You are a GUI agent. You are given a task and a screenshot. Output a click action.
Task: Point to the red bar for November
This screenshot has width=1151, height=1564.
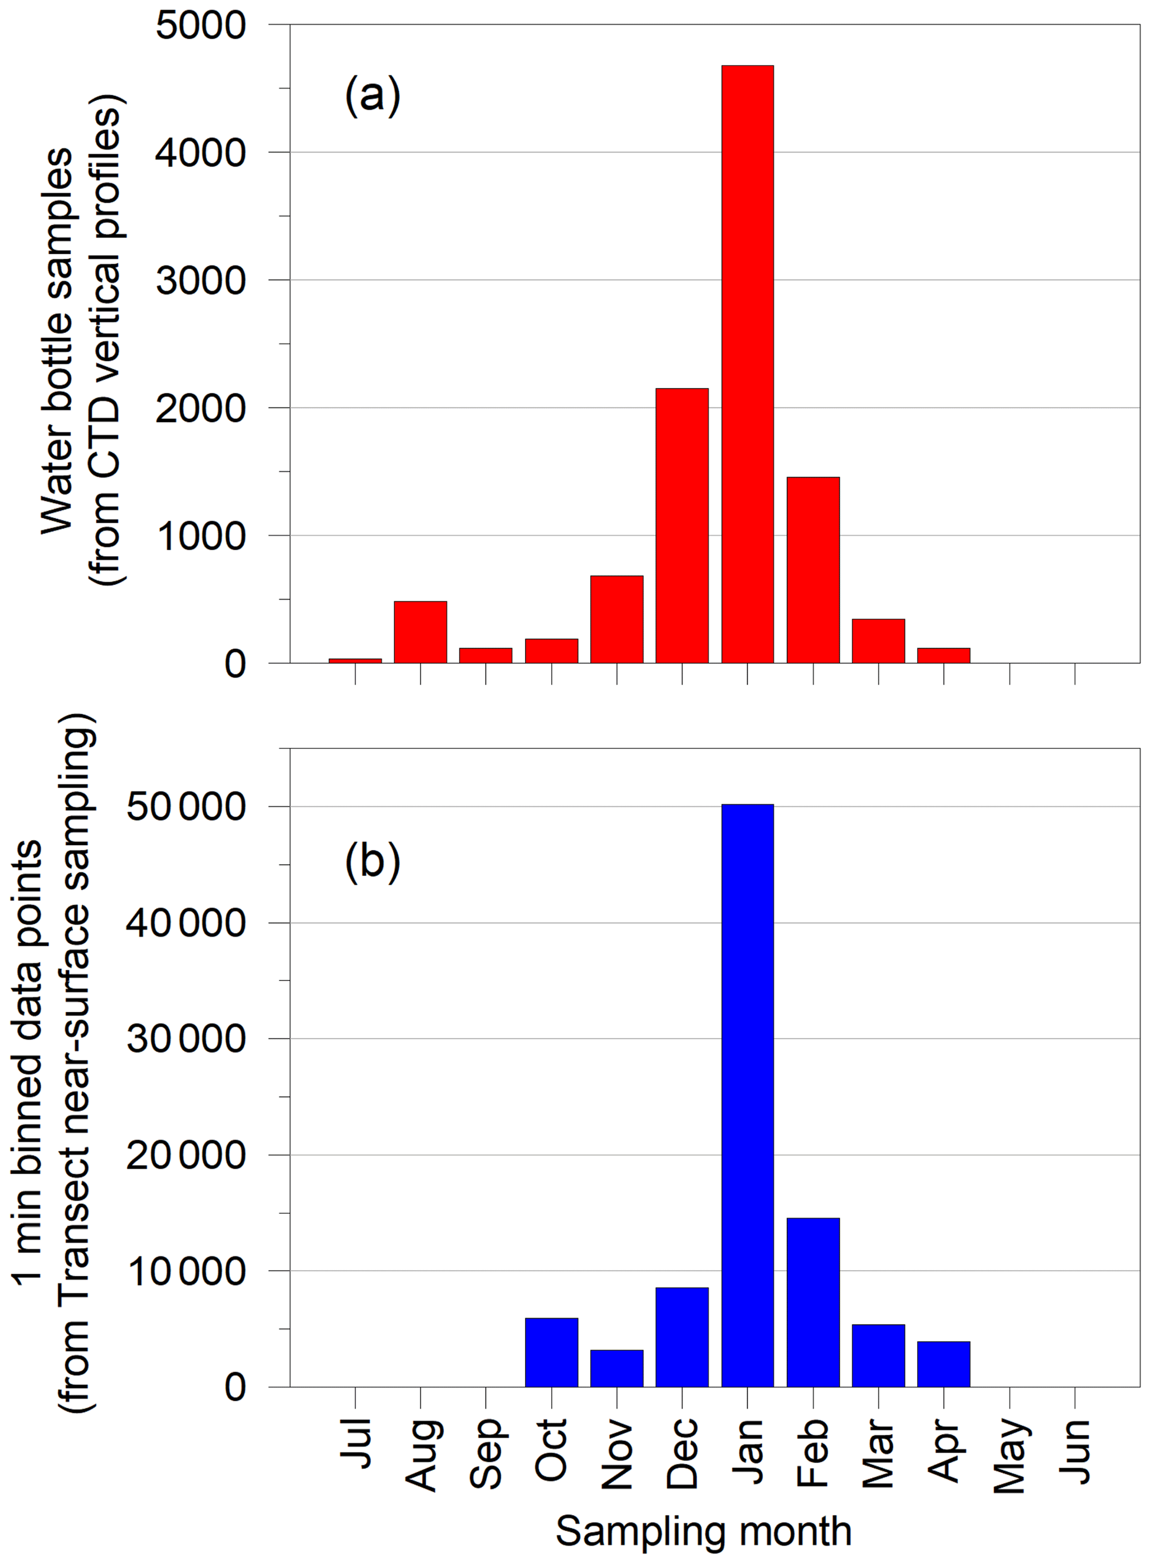pyautogui.click(x=616, y=619)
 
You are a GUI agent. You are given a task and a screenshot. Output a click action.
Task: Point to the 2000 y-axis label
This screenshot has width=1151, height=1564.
pyautogui.click(x=200, y=408)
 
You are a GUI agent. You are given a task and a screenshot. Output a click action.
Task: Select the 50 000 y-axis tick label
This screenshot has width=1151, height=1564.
pyautogui.click(x=186, y=807)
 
